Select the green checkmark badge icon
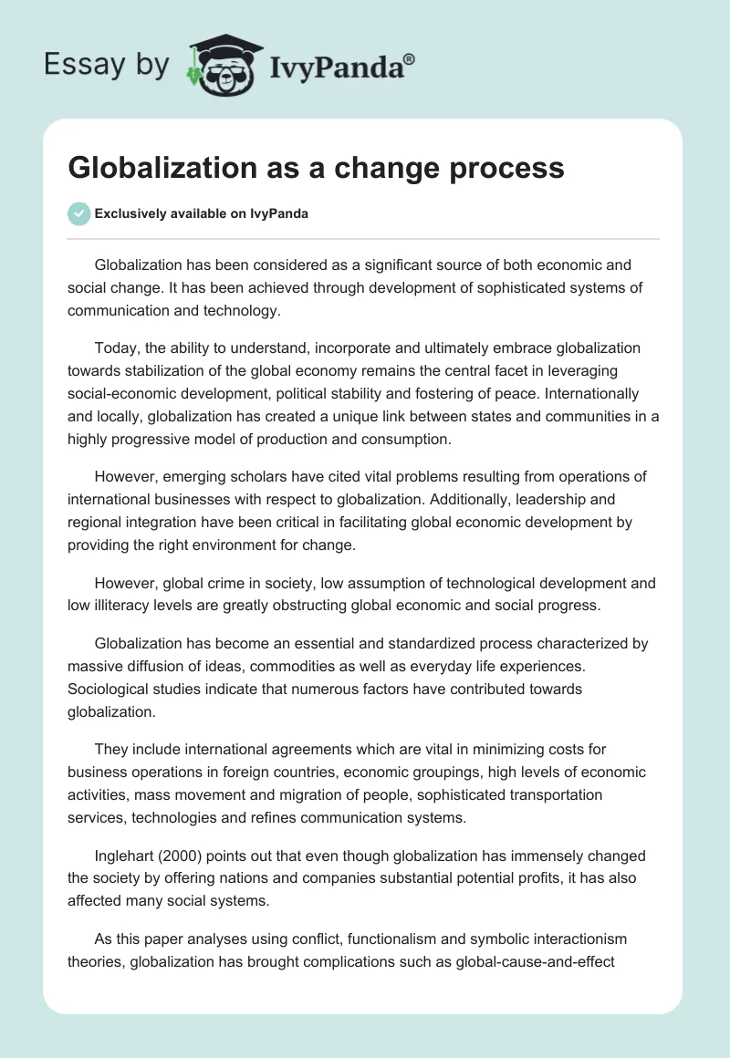[x=78, y=213]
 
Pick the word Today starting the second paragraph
[x=114, y=347]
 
